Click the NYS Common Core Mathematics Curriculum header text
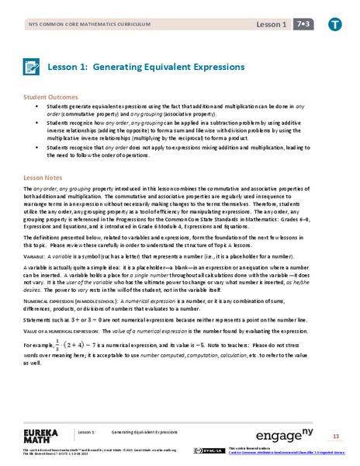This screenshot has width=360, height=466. [85, 25]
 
